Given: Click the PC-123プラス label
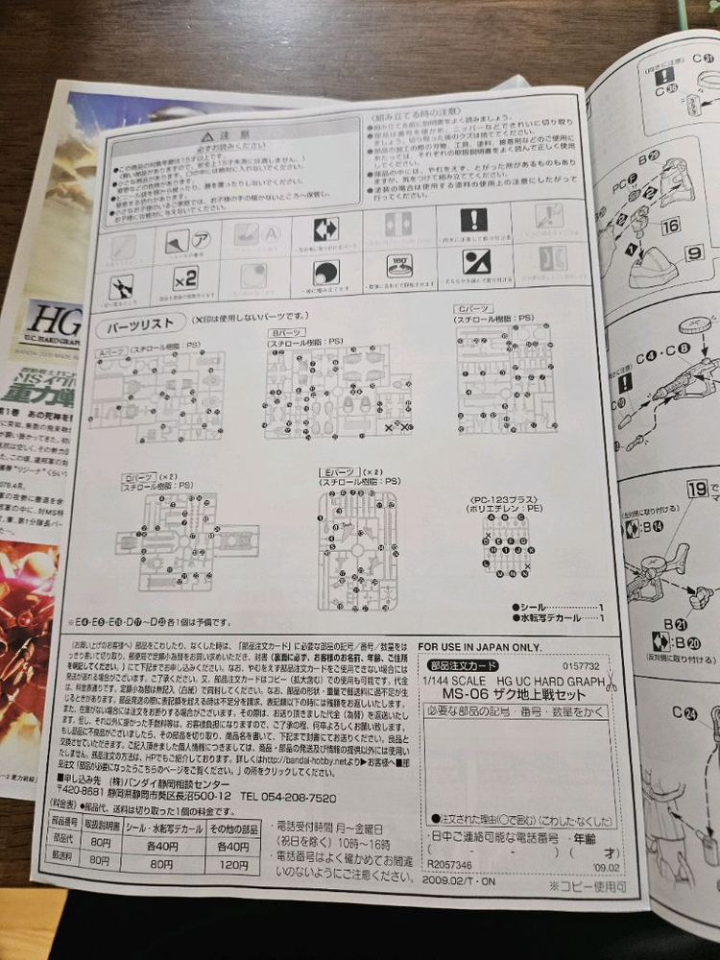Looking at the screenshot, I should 504,502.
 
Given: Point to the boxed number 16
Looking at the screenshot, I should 671,227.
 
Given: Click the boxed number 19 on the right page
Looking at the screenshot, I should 698,489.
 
